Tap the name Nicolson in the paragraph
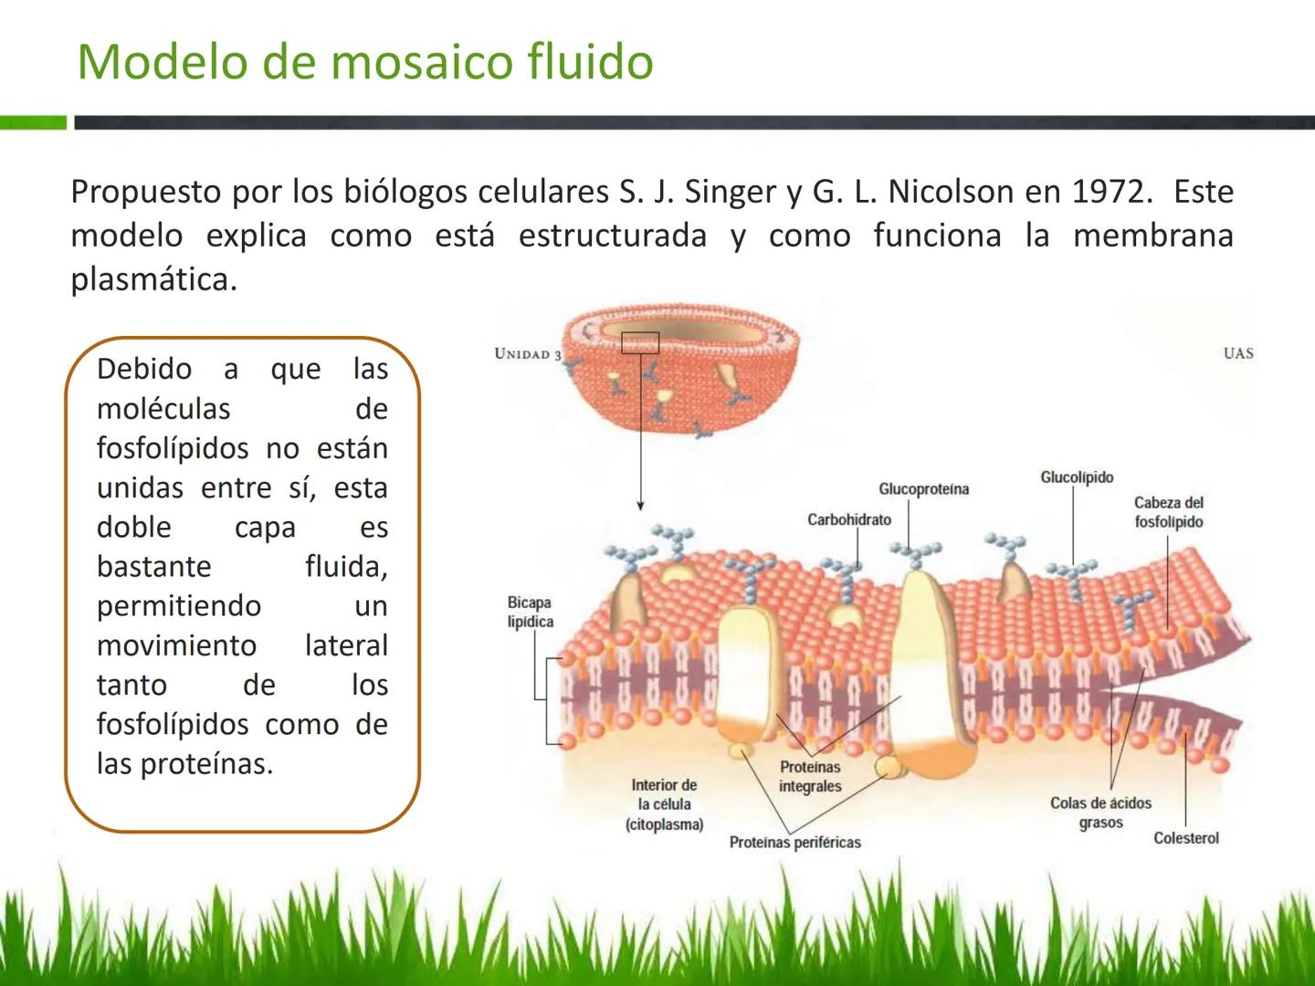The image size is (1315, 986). (951, 192)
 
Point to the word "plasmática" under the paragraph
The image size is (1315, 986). (153, 279)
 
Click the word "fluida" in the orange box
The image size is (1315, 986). (346, 567)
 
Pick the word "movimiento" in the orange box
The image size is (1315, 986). (177, 645)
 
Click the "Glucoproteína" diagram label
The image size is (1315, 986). (923, 489)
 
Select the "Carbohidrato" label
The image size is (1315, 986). (848, 519)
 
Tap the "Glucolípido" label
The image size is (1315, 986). (1077, 477)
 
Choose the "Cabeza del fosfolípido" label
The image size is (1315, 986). (1168, 512)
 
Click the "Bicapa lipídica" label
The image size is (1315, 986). (531, 612)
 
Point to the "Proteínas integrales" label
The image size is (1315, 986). (810, 777)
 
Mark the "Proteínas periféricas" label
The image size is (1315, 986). (794, 843)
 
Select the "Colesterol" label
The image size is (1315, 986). (1185, 838)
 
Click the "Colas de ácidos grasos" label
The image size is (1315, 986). (1100, 813)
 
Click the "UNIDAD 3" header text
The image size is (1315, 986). (527, 354)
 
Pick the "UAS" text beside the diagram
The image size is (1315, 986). (1238, 353)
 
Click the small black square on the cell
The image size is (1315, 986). (640, 342)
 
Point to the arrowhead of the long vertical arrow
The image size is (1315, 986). (640, 506)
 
